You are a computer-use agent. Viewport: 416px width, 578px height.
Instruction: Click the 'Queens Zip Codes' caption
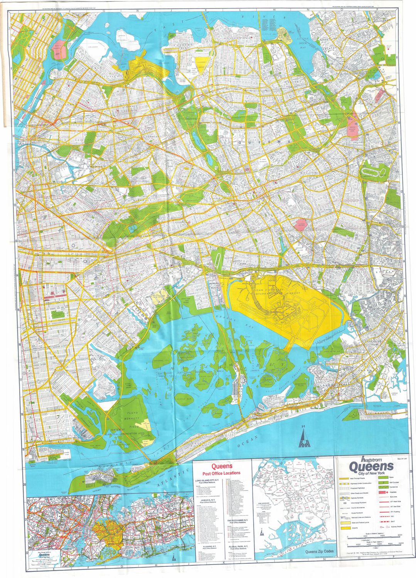point(312,562)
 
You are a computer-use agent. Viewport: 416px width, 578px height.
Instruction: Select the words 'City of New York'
point(371,473)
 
